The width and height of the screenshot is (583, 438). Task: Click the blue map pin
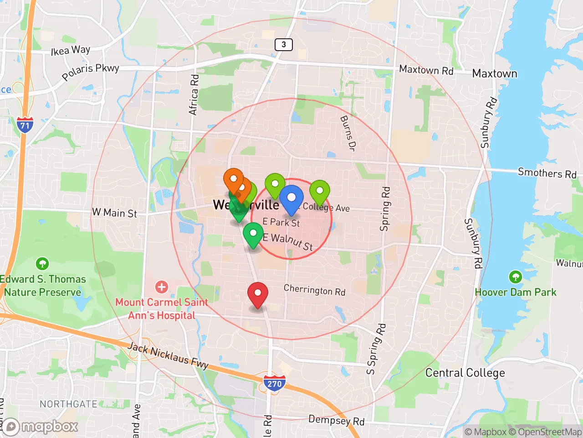pyautogui.click(x=291, y=199)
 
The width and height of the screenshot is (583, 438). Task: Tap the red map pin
pyautogui.click(x=257, y=294)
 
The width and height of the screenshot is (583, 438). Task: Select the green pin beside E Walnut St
pyautogui.click(x=253, y=235)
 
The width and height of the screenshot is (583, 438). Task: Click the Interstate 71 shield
pyautogui.click(x=25, y=125)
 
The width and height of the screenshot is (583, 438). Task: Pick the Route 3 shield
pyautogui.click(x=283, y=44)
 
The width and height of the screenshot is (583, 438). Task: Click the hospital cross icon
pyautogui.click(x=161, y=287)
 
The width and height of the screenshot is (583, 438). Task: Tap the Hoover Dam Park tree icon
pyautogui.click(x=515, y=277)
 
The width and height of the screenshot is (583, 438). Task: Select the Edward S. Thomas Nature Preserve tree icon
pyautogui.click(x=42, y=264)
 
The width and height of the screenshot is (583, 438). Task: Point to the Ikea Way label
pyautogui.click(x=71, y=50)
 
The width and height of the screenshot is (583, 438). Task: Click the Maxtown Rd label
pyautogui.click(x=426, y=70)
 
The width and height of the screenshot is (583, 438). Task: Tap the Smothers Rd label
pyautogui.click(x=547, y=173)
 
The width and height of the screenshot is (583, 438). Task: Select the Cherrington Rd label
pyautogui.click(x=314, y=290)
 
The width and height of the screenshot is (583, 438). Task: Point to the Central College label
pyautogui.click(x=465, y=373)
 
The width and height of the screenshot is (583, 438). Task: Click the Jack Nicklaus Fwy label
pyautogui.click(x=168, y=355)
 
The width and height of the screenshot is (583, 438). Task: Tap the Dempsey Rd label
pyautogui.click(x=336, y=420)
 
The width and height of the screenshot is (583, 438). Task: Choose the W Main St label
pyautogui.click(x=114, y=213)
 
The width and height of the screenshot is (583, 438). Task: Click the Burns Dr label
pyautogui.click(x=348, y=133)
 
